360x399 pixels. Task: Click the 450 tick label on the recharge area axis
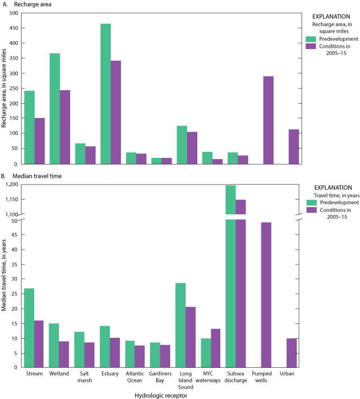[x=14, y=28]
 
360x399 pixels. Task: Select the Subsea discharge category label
[x=236, y=377]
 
